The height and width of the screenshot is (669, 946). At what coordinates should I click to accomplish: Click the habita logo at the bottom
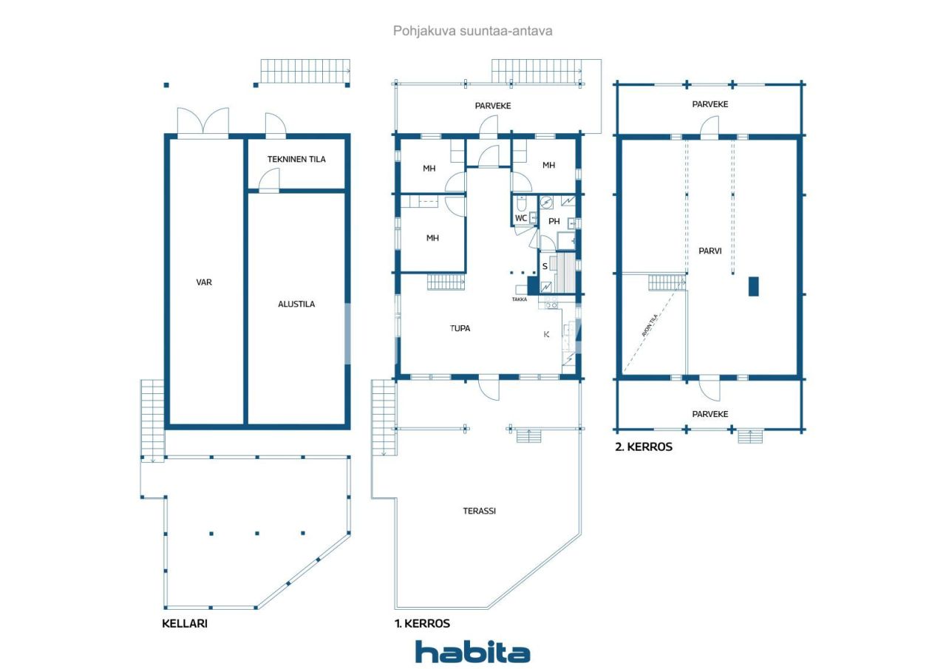click(472, 653)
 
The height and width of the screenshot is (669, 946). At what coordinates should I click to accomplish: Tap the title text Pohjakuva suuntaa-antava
click(472, 31)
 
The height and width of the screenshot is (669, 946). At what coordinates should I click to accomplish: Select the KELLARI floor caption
click(185, 623)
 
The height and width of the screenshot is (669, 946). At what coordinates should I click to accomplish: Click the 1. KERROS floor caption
click(422, 623)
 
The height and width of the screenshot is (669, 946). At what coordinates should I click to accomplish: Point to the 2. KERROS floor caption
click(644, 447)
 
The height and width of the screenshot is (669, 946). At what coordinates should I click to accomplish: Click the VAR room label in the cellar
click(204, 282)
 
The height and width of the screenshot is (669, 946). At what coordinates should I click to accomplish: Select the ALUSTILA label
click(296, 304)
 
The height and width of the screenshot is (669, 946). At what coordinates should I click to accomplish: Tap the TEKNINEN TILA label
click(296, 159)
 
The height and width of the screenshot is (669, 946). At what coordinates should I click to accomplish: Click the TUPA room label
click(460, 328)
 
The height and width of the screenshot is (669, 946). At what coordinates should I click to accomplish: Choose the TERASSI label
click(479, 510)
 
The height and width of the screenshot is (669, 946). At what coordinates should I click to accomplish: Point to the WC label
click(521, 218)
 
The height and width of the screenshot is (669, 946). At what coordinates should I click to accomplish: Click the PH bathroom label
click(554, 221)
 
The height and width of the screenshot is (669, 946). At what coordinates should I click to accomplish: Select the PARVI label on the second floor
click(709, 251)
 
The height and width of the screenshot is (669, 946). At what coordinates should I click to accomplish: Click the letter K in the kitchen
click(547, 334)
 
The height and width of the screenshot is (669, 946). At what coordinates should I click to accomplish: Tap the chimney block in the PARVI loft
click(753, 286)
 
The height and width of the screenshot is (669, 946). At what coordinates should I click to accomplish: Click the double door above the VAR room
click(203, 123)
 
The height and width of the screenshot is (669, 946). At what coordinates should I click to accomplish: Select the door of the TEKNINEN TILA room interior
click(270, 181)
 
